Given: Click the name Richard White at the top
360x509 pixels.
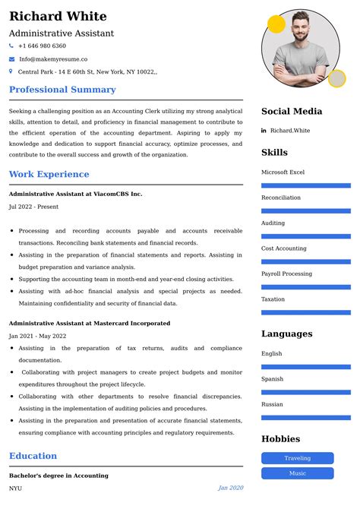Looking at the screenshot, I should coord(58,16).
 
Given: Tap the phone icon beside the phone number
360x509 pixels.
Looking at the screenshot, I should coord(11,46).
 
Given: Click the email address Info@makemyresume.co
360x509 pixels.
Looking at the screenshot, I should coord(52,58).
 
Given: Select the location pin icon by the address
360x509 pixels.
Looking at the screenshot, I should coord(11,71).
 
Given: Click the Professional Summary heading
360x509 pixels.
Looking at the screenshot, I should coord(62,90).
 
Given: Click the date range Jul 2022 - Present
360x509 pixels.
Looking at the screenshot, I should coord(33,207).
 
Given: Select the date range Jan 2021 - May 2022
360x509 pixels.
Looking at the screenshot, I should coord(37,336).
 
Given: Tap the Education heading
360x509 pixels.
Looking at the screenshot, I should coord(33,456).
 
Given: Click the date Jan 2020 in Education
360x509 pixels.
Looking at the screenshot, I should coord(230,488).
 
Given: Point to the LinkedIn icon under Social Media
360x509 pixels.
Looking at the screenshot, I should coord(264,131).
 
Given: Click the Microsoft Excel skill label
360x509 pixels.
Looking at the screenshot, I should coord(283,172).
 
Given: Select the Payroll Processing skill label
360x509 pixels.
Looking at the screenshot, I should coord(286,273).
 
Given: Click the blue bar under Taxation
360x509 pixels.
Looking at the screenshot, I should coord(305,312).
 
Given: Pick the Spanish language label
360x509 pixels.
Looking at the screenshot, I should coord(272,379).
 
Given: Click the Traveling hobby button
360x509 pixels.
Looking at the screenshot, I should coord(297,458).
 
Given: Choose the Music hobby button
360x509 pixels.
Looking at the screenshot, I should coord(297,473).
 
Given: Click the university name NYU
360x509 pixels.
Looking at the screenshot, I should coord(16,488).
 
